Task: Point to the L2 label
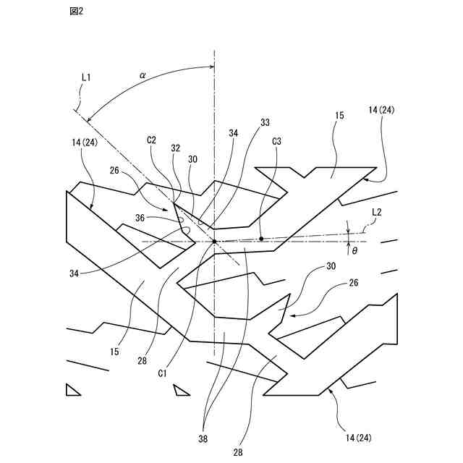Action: click(377, 212)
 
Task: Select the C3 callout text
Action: click(277, 143)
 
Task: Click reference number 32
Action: click(175, 148)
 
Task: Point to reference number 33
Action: click(264, 123)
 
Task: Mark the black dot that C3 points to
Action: click(261, 238)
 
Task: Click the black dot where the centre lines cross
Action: click(214, 241)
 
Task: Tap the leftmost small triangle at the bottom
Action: click(72, 391)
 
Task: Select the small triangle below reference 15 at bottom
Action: click(181, 391)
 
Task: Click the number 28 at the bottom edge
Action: click(239, 452)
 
